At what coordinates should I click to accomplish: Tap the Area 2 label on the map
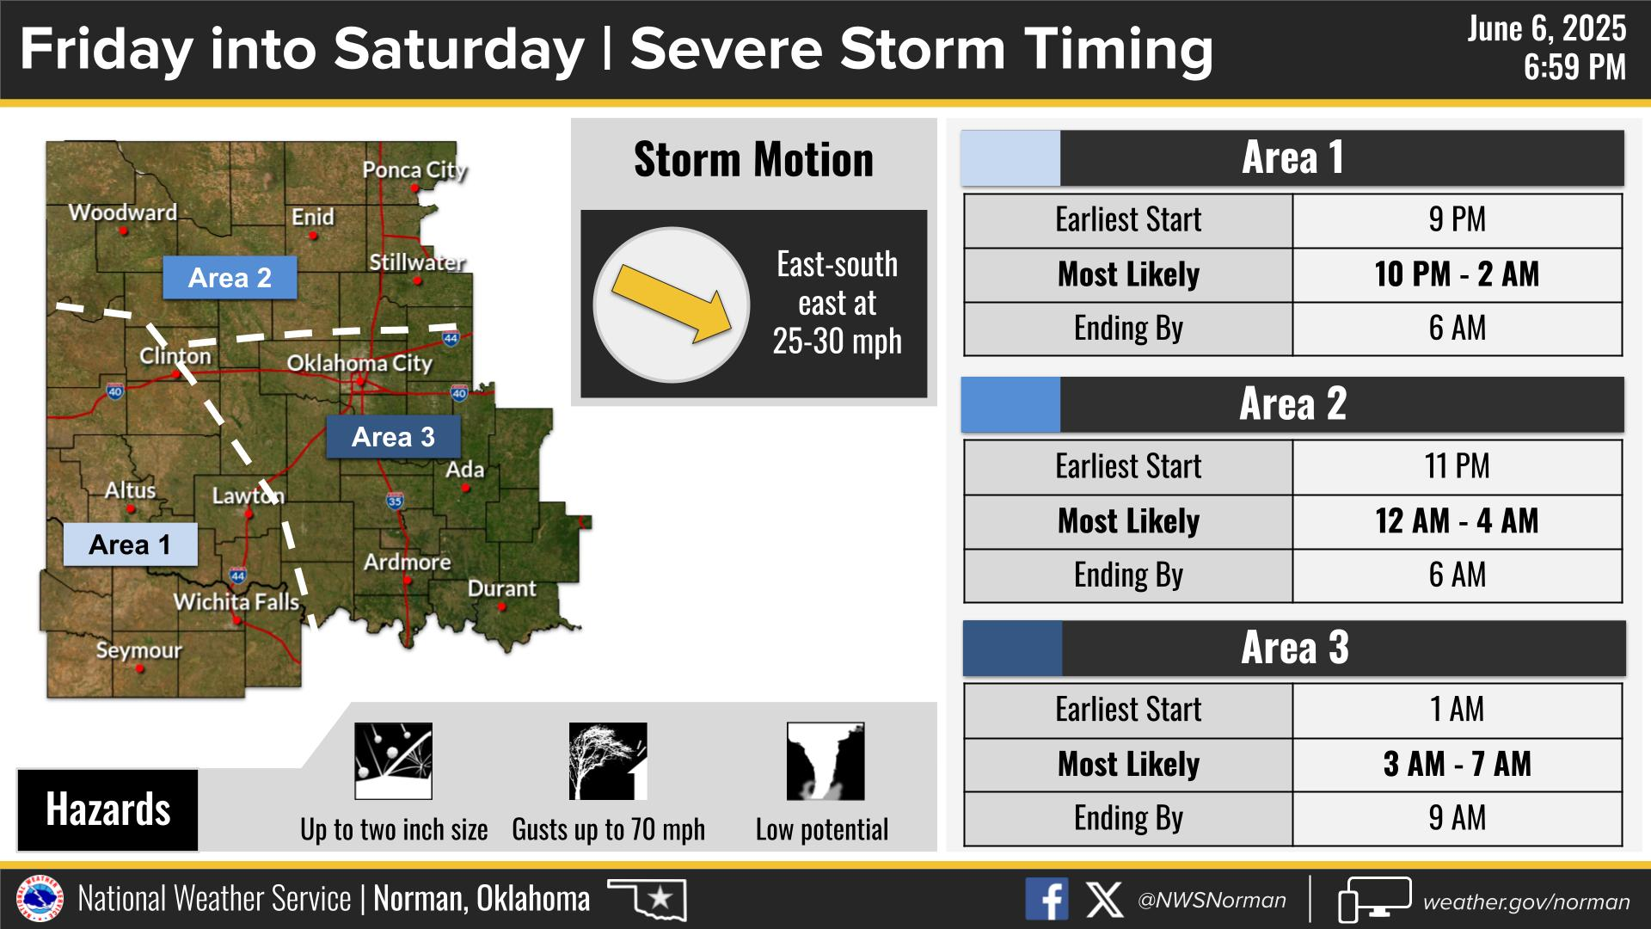tap(230, 278)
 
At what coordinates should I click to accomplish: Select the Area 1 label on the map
tap(130, 544)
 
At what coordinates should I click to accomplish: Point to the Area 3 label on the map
tap(393, 437)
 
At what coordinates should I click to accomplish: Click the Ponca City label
tap(414, 169)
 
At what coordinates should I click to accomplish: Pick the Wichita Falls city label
tap(236, 601)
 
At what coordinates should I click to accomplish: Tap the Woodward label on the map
tap(123, 212)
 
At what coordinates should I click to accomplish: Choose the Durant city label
tap(501, 589)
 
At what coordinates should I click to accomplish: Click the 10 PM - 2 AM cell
tap(1457, 274)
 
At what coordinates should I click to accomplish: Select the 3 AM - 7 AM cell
tap(1457, 764)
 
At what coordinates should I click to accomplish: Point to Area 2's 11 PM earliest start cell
tap(1457, 466)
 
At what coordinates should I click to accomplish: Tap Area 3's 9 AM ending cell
tap(1457, 818)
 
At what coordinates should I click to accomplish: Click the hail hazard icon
tap(394, 761)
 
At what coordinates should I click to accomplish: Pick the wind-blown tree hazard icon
tap(608, 761)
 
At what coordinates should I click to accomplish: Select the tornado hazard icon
tap(825, 761)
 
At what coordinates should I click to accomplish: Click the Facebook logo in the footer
tap(1046, 900)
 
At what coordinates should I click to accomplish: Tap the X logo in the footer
tap(1104, 900)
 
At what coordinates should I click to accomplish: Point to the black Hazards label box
tap(107, 809)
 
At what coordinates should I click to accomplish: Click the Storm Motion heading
tap(753, 160)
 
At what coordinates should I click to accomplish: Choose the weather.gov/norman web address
tap(1526, 901)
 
